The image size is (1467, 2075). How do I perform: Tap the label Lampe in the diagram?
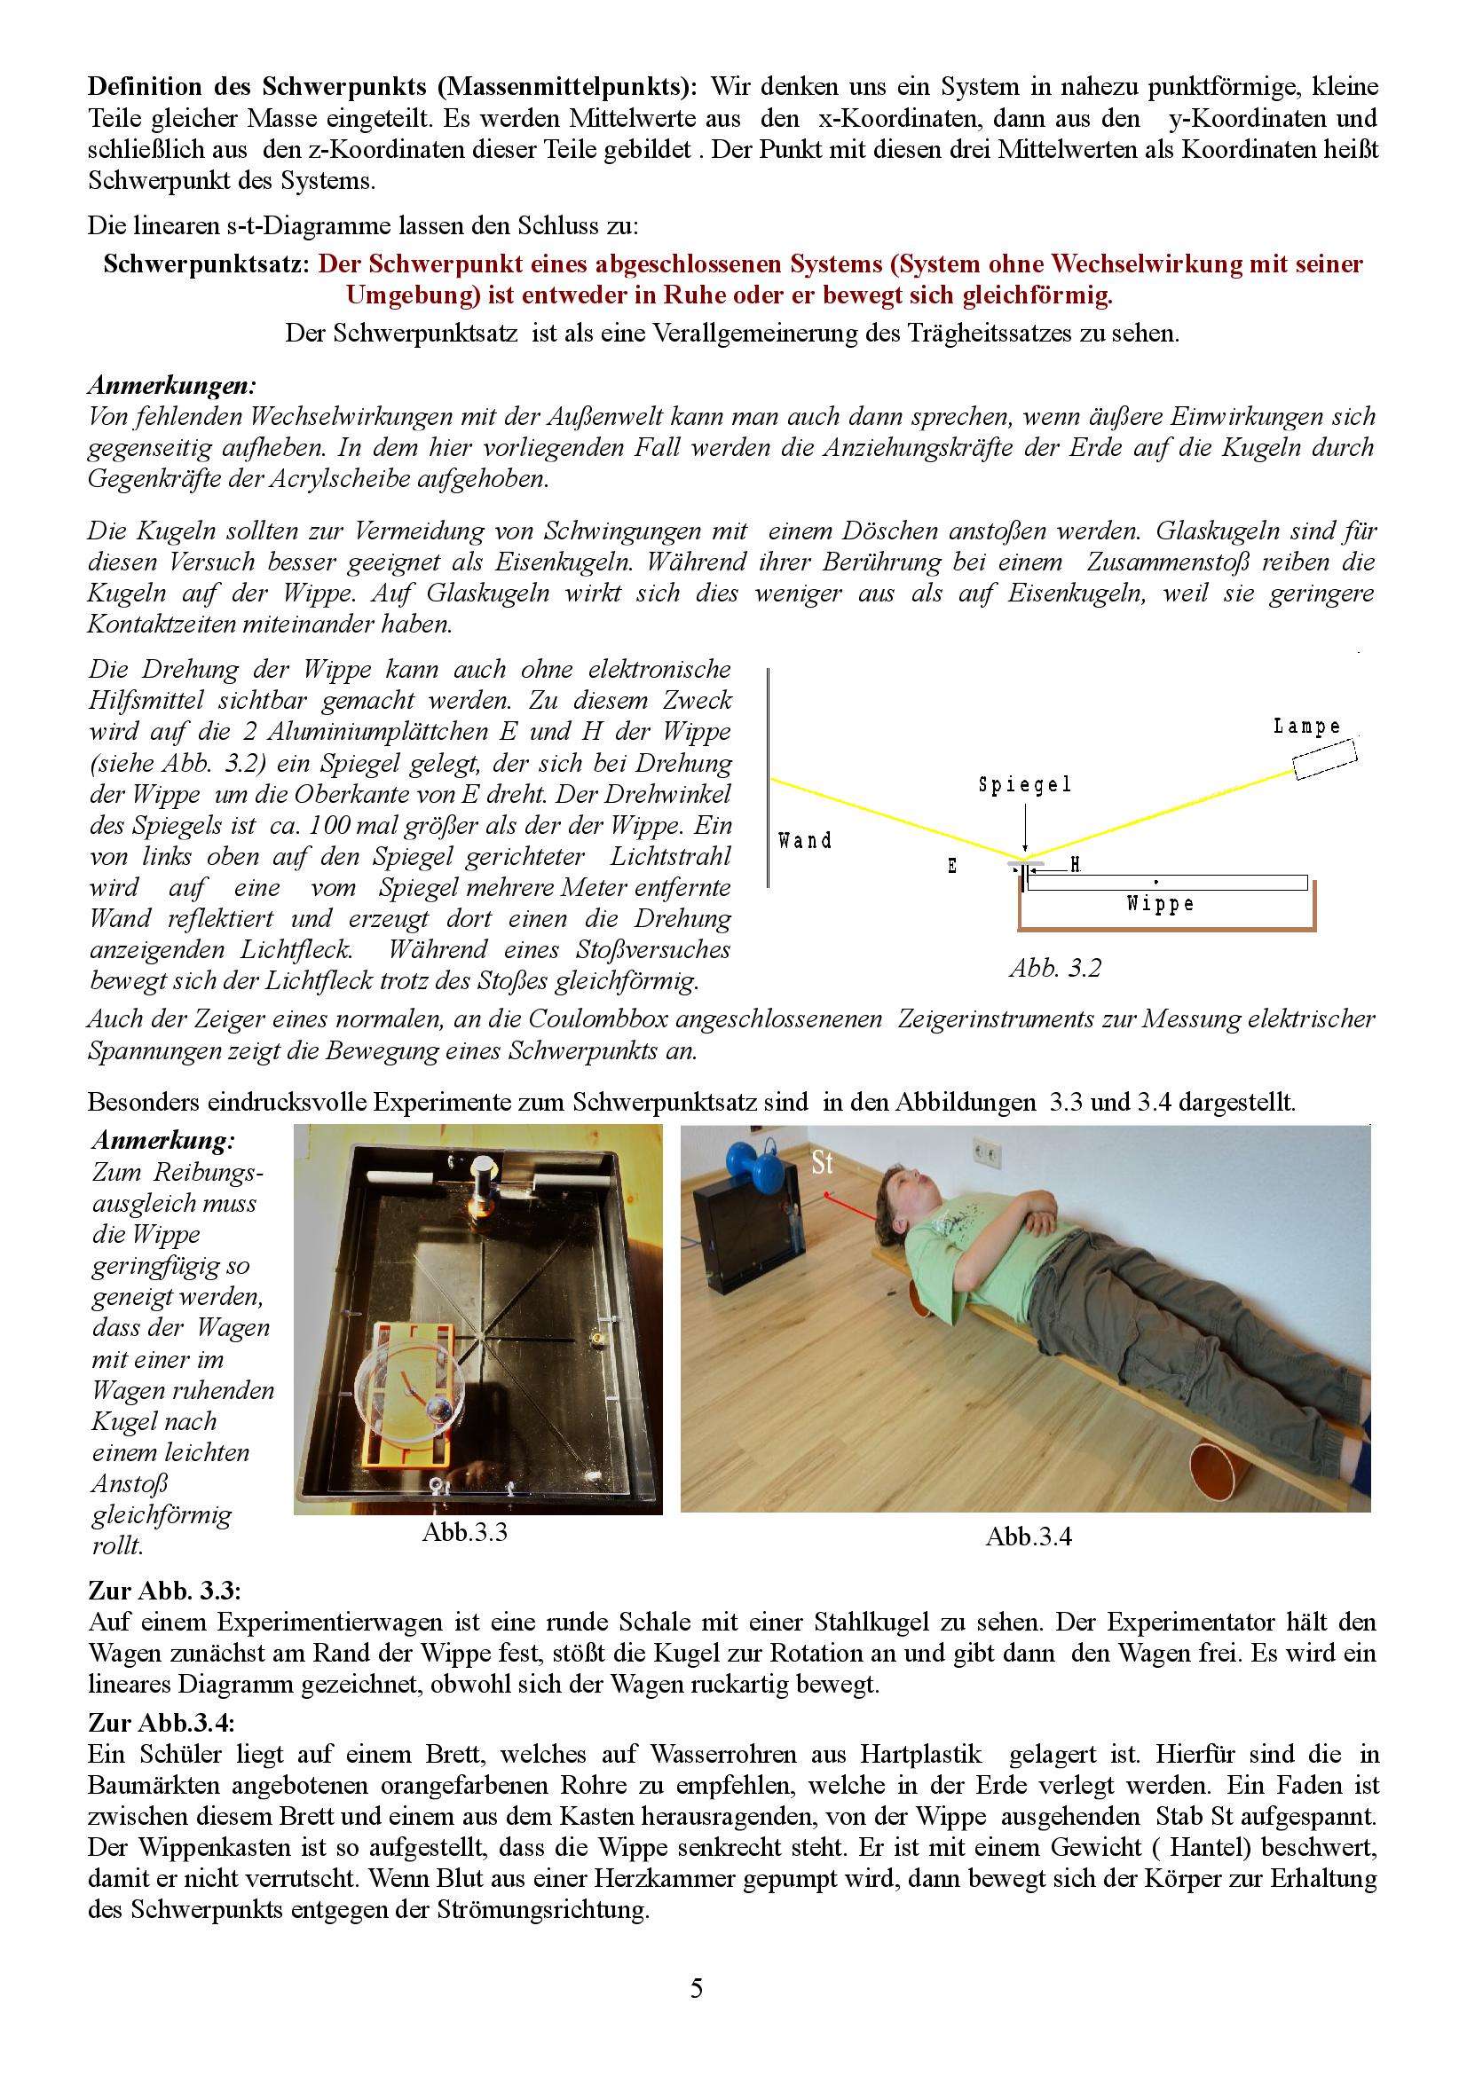tap(1307, 727)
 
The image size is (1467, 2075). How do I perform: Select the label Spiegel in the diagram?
tap(1025, 785)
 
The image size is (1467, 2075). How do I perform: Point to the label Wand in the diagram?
tap(804, 841)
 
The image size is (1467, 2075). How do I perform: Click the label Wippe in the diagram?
tap(1161, 904)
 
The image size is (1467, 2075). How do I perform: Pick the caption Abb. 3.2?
tap(1055, 968)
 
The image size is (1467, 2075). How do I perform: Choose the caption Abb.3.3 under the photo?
tap(465, 1533)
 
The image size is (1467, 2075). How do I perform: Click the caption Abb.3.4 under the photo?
tap(1028, 1537)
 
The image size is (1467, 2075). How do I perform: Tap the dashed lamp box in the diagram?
tap(1325, 759)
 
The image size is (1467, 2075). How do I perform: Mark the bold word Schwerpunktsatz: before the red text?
tap(208, 264)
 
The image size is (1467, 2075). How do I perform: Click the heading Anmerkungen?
tap(172, 386)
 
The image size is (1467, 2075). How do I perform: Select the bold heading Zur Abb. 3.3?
tap(164, 1589)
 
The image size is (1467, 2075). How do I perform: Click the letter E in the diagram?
tap(951, 867)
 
